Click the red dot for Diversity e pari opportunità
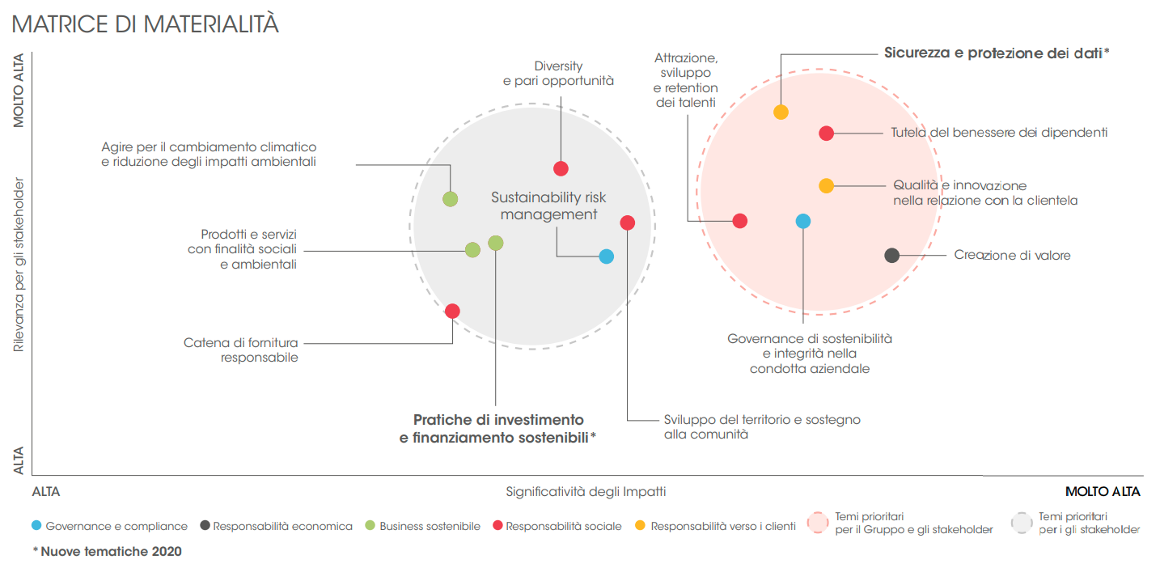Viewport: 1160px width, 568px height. click(561, 168)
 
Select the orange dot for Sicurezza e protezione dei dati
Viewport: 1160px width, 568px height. click(781, 112)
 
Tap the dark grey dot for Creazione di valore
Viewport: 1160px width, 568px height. click(891, 255)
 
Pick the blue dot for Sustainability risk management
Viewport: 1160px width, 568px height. click(606, 256)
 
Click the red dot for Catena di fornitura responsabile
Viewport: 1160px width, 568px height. click(452, 311)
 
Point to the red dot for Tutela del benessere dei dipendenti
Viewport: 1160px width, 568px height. click(826, 134)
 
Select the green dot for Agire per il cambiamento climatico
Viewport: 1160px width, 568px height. click(450, 198)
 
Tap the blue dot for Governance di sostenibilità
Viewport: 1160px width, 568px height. click(802, 221)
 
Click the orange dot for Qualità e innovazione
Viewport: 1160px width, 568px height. click(826, 185)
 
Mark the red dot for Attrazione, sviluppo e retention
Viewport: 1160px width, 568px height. click(739, 221)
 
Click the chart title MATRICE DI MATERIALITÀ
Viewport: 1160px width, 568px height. click(146, 24)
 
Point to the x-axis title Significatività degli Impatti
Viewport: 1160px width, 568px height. click(586, 491)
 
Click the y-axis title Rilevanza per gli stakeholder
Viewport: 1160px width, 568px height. click(19, 265)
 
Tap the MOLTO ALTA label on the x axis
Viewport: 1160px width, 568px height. click(1103, 491)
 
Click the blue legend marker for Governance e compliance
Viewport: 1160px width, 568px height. click(36, 526)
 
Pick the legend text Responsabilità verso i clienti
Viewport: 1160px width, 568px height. click(723, 526)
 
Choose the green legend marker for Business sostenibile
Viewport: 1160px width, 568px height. click(370, 526)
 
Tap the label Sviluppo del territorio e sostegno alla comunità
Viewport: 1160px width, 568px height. click(761, 427)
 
